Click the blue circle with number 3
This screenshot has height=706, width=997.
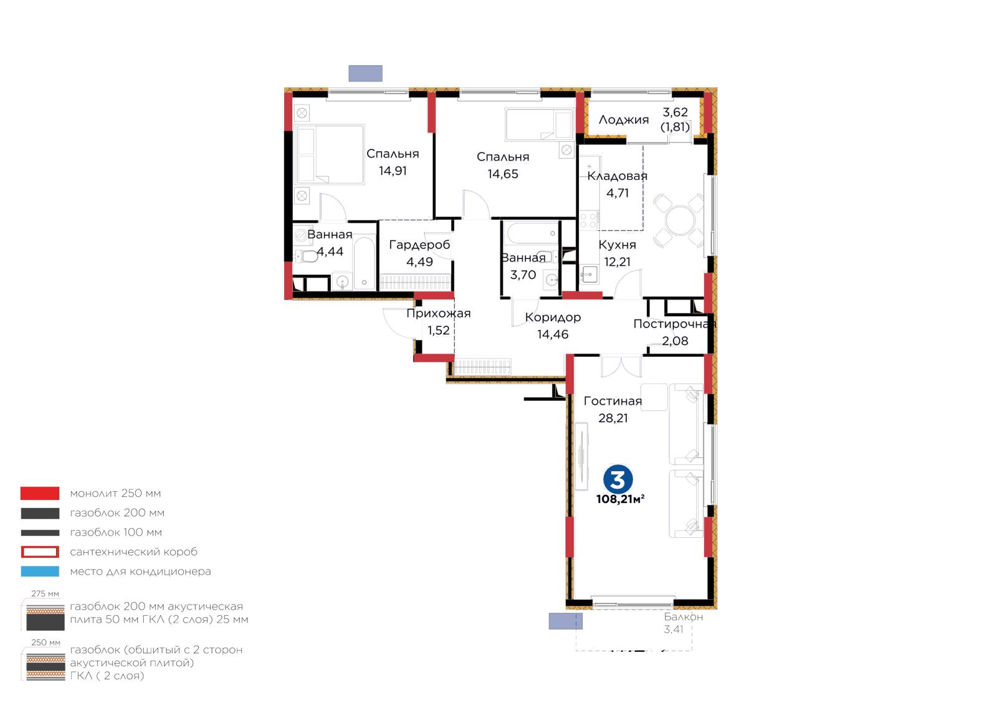pyautogui.click(x=618, y=480)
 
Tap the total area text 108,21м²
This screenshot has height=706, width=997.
pyautogui.click(x=620, y=499)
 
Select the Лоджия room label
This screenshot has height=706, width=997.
pyautogui.click(x=623, y=120)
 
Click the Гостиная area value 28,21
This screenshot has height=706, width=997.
pyautogui.click(x=613, y=418)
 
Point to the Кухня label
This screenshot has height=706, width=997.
pyautogui.click(x=617, y=245)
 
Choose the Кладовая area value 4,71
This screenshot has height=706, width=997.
pyautogui.click(x=618, y=194)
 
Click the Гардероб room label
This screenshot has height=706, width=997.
pyautogui.click(x=419, y=245)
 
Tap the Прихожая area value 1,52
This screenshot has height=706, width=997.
pyautogui.click(x=439, y=331)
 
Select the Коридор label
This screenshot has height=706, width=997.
pyautogui.click(x=553, y=318)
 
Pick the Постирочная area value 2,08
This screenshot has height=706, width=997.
pyautogui.click(x=675, y=341)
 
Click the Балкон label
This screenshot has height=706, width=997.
pyautogui.click(x=683, y=617)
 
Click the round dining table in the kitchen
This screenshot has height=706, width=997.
pyautogui.click(x=680, y=220)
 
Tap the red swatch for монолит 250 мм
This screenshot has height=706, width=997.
pyautogui.click(x=40, y=493)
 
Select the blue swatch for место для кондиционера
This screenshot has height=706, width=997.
pyautogui.click(x=40, y=572)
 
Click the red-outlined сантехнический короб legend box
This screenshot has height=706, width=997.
pyautogui.click(x=40, y=552)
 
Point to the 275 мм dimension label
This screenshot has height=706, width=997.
pyautogui.click(x=45, y=594)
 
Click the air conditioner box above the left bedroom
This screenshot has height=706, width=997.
pyautogui.click(x=365, y=73)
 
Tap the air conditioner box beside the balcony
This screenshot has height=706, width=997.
pyautogui.click(x=565, y=621)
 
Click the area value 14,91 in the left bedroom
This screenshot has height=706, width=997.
pyautogui.click(x=393, y=171)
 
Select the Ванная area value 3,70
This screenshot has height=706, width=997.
pyautogui.click(x=523, y=275)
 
